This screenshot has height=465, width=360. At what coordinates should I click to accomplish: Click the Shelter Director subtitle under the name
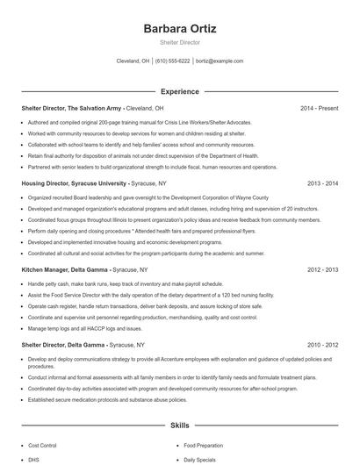179,42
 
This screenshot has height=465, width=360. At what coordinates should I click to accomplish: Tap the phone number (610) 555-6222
172,62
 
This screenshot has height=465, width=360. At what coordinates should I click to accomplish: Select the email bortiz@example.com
220,62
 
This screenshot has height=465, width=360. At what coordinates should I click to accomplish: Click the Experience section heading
179,91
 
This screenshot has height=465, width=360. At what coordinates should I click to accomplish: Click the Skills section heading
179,425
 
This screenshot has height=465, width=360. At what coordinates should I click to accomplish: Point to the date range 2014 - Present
319,108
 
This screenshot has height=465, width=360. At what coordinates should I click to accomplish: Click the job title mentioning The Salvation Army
71,108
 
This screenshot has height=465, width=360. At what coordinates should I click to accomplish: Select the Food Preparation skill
204,445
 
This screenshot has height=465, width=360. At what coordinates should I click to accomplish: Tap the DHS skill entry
35,459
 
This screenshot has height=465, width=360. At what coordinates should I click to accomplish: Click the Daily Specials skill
200,459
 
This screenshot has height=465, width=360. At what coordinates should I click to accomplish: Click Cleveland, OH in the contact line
133,62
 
